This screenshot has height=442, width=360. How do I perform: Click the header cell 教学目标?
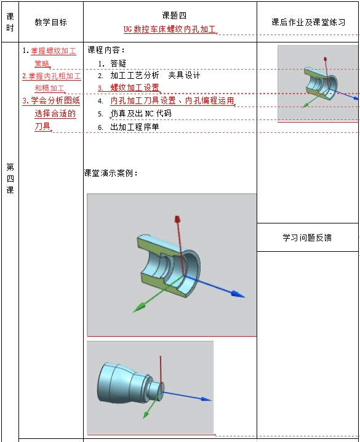coord(50,22)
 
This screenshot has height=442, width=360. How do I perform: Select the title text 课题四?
coord(174,15)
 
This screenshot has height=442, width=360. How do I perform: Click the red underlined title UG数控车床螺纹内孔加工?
coord(170,29)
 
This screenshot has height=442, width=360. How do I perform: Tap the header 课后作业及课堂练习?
coord(308,22)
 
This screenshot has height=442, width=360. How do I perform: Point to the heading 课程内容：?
coord(106,50)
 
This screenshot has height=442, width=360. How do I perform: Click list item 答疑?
coord(118,63)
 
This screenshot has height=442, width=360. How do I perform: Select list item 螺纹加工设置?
coord(135,87)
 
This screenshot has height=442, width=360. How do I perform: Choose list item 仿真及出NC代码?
coord(141,113)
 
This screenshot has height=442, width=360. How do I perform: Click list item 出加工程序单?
coord(135,127)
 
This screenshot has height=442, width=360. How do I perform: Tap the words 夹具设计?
coord(184,75)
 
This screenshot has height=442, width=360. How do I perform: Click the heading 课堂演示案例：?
coord(111,173)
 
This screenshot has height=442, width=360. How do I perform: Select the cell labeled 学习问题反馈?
coord(307,238)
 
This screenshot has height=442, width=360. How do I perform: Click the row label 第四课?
coord(10,179)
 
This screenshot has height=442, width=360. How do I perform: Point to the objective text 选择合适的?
coord(55,114)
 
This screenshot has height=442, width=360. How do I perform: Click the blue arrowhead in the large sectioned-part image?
coord(238,294)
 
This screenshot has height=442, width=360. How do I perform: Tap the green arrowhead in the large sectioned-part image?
coord(139,308)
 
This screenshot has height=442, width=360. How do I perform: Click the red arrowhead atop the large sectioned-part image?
coord(177,219)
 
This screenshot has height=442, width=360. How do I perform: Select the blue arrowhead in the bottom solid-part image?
coord(206,398)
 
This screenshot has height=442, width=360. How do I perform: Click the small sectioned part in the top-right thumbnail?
coord(321,84)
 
